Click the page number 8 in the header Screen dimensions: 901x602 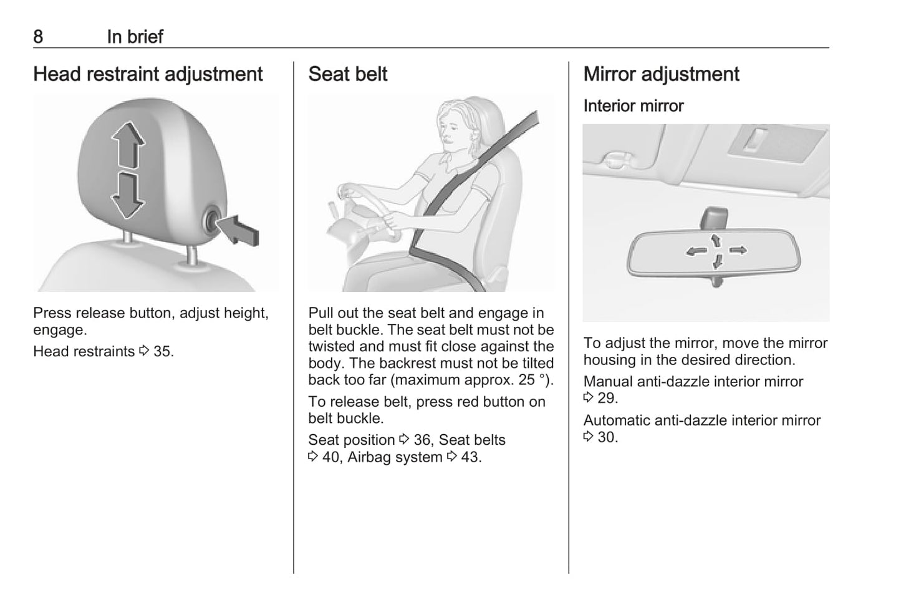coord(38,37)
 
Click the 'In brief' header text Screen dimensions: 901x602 coord(135,37)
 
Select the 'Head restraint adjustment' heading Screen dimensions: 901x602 coord(148,74)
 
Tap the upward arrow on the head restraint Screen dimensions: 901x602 coord(128,145)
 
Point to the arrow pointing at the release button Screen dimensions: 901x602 coord(239,230)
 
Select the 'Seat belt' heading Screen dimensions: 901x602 coord(347,74)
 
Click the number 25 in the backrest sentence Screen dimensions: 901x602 coord(526,380)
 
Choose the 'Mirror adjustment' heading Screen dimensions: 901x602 coord(662,74)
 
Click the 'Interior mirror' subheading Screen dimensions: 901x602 coord(634,106)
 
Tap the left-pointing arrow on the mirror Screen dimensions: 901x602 coord(696,251)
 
